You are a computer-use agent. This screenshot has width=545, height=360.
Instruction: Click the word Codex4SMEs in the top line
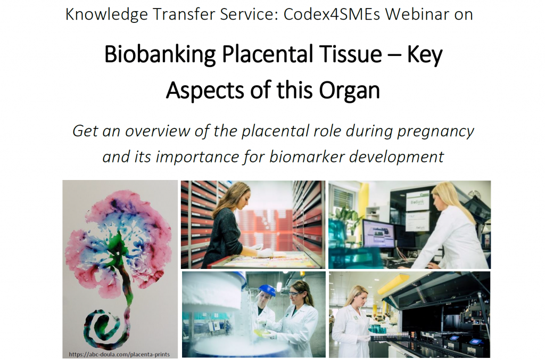332,14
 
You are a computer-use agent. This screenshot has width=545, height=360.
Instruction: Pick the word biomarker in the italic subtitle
307,157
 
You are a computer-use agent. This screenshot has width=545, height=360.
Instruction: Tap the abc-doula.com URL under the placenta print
119,355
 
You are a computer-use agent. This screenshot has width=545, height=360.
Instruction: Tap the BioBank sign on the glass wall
417,202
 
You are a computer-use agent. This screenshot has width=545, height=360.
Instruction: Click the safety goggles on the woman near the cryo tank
294,293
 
